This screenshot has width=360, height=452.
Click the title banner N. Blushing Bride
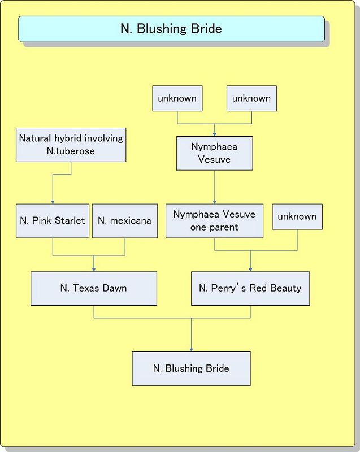tap(171, 29)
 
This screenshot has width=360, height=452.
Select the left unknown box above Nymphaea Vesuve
tap(177, 98)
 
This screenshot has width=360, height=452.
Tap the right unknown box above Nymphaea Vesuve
tap(251, 98)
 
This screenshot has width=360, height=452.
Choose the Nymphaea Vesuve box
tap(214, 153)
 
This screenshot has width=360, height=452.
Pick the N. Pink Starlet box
tap(52, 220)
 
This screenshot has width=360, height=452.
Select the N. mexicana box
tap(124, 220)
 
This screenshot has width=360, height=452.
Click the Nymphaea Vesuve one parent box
tap(214, 221)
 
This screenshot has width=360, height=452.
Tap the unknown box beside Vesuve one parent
tap(297, 216)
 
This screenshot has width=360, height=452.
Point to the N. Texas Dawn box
tap(93, 288)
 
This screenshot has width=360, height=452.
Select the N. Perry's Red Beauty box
tap(250, 288)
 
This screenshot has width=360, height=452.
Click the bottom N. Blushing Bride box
tap(191, 368)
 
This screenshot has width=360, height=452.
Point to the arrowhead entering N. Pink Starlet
tap(53, 201)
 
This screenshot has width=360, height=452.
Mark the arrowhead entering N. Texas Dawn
tap(94, 269)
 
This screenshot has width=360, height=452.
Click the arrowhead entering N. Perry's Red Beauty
tap(250, 269)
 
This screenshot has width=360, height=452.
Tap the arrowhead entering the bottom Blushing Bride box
tap(191, 349)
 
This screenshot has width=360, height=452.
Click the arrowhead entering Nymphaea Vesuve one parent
tap(214, 202)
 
